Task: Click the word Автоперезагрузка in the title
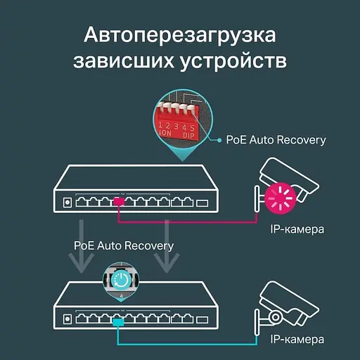click(179, 35)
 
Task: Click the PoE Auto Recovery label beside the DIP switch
click(276, 140)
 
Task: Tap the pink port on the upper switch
click(119, 202)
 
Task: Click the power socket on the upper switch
click(67, 202)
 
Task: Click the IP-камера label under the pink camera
click(297, 230)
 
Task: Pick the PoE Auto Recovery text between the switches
click(123, 246)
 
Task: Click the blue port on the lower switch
click(119, 320)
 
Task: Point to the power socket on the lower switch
click(67, 319)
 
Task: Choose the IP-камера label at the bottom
click(297, 340)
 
